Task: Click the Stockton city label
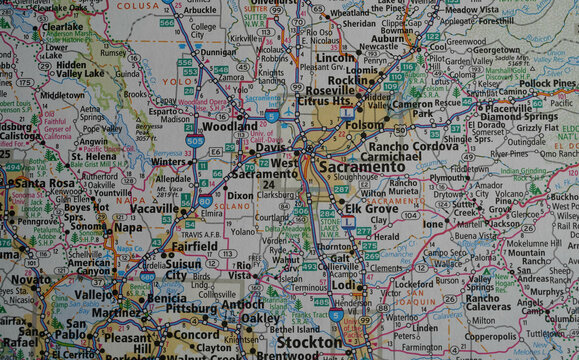(x=310, y=343)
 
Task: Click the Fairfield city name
(x=194, y=245)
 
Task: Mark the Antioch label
(x=244, y=304)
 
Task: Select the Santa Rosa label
(x=43, y=184)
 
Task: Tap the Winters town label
(x=170, y=161)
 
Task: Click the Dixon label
(x=240, y=196)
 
